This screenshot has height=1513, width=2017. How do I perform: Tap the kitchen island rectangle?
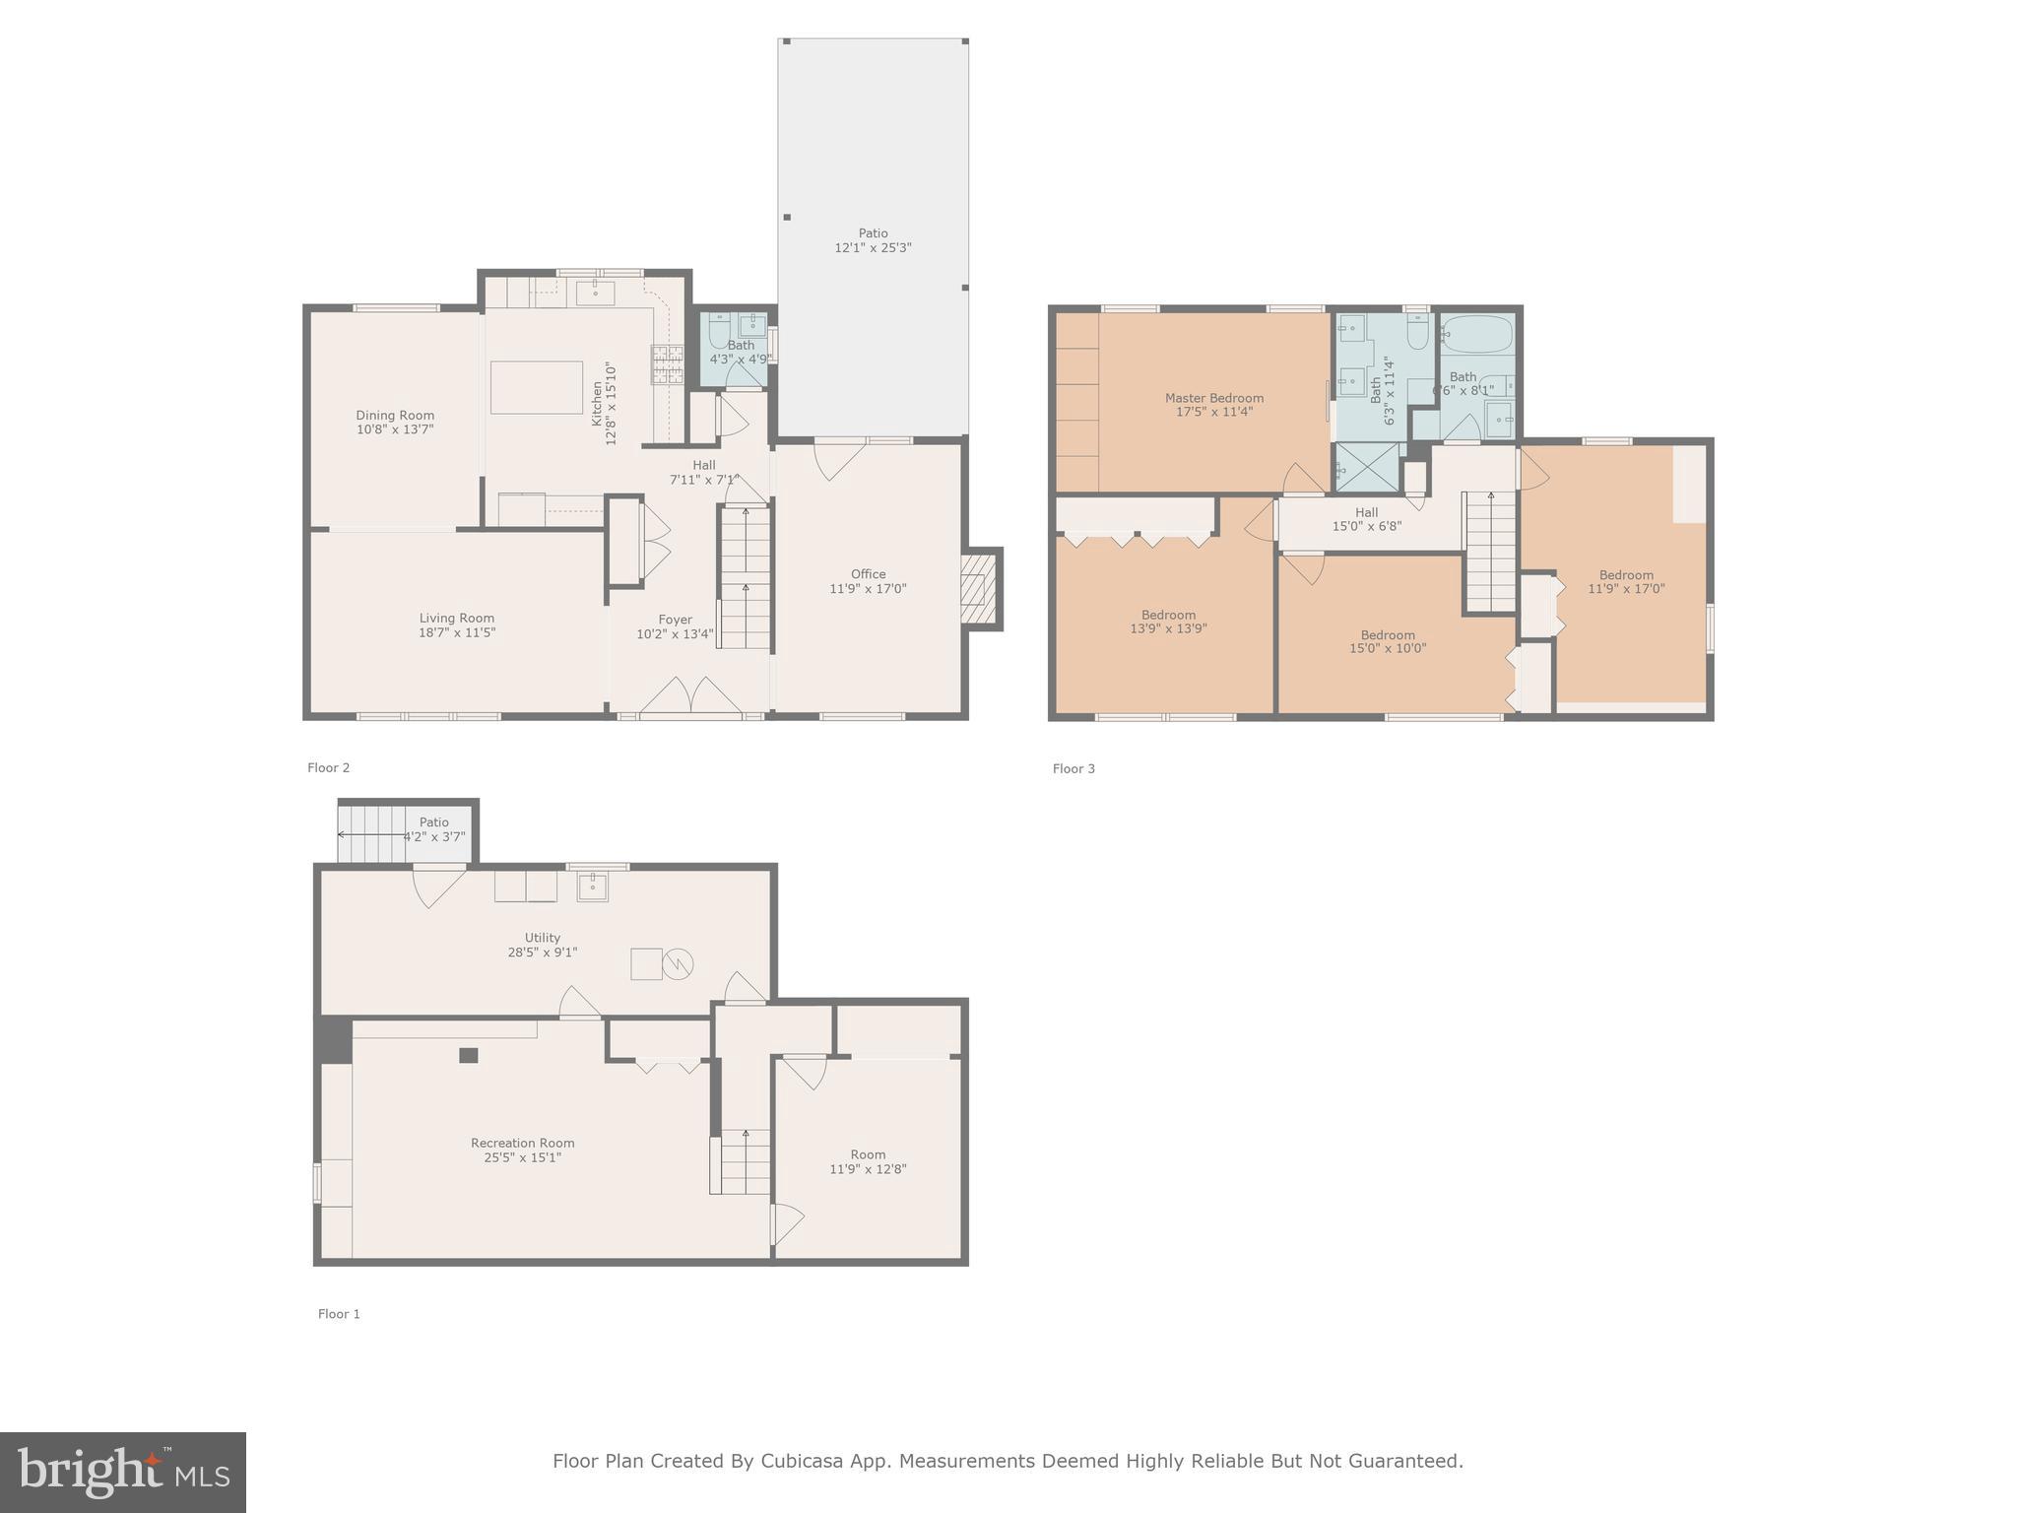[x=536, y=387]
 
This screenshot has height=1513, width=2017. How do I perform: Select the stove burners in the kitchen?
[x=667, y=364]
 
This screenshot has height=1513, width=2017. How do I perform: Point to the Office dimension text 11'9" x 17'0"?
[x=868, y=589]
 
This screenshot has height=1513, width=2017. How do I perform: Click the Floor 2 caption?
[x=328, y=767]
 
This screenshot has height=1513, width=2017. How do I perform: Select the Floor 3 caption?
[x=1074, y=768]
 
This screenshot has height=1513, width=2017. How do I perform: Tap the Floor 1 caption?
[x=339, y=1314]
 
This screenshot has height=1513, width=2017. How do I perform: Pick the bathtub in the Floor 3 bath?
[x=1477, y=334]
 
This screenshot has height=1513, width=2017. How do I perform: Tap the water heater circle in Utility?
[x=678, y=963]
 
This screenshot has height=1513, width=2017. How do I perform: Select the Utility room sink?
[x=592, y=887]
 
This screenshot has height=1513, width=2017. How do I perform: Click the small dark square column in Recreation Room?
[x=469, y=1055]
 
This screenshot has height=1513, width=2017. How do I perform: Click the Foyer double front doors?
[x=690, y=695]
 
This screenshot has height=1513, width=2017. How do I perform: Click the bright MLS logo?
[x=123, y=1472]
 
